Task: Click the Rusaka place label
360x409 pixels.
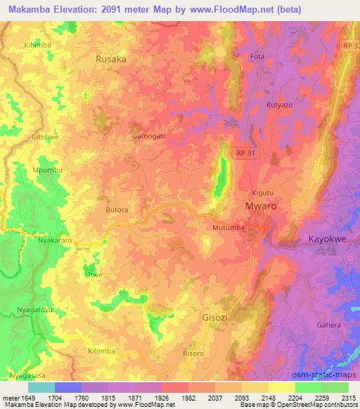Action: pos(111,60)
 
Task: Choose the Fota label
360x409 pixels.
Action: pos(257,57)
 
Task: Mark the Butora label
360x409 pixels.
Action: pos(117,210)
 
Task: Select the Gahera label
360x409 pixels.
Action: pos(328,325)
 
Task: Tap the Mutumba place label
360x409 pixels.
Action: pos(227,228)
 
